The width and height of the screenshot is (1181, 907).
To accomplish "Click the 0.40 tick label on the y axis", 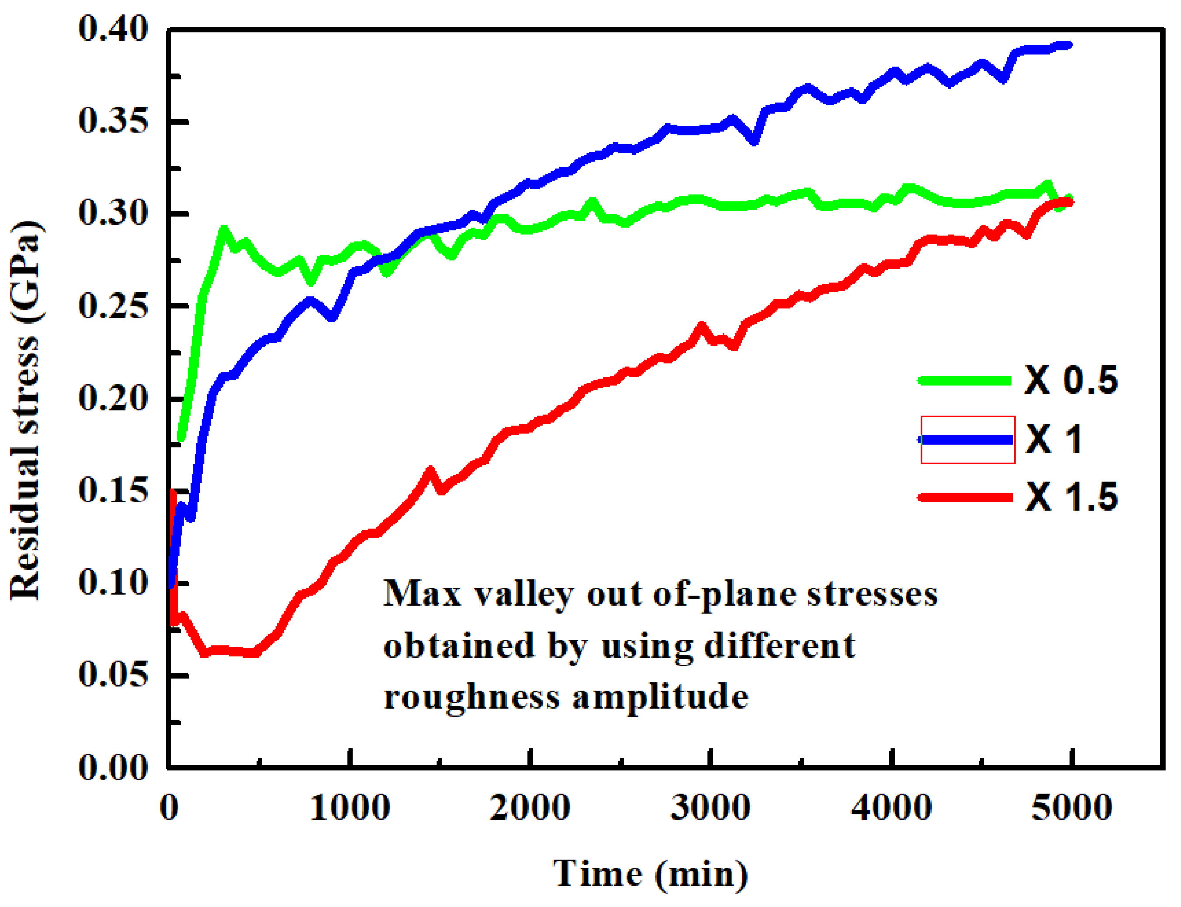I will tap(113, 29).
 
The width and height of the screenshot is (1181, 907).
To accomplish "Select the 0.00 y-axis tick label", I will tap(113, 767).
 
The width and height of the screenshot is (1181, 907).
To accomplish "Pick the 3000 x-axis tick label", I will tap(710, 808).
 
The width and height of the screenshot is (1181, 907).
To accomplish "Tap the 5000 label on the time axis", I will tap(1071, 808).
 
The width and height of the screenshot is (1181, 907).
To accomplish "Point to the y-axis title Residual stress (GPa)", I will tap(25, 410).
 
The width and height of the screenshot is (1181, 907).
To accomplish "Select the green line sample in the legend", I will tap(965, 381).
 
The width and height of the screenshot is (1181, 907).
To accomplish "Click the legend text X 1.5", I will tap(1071, 497).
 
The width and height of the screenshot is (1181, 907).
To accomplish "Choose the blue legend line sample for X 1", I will tap(966, 440).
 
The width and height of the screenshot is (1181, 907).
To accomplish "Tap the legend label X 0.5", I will tap(1071, 381).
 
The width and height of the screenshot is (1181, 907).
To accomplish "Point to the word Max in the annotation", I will tap(422, 593).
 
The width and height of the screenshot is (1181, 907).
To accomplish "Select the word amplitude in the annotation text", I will tap(660, 697).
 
